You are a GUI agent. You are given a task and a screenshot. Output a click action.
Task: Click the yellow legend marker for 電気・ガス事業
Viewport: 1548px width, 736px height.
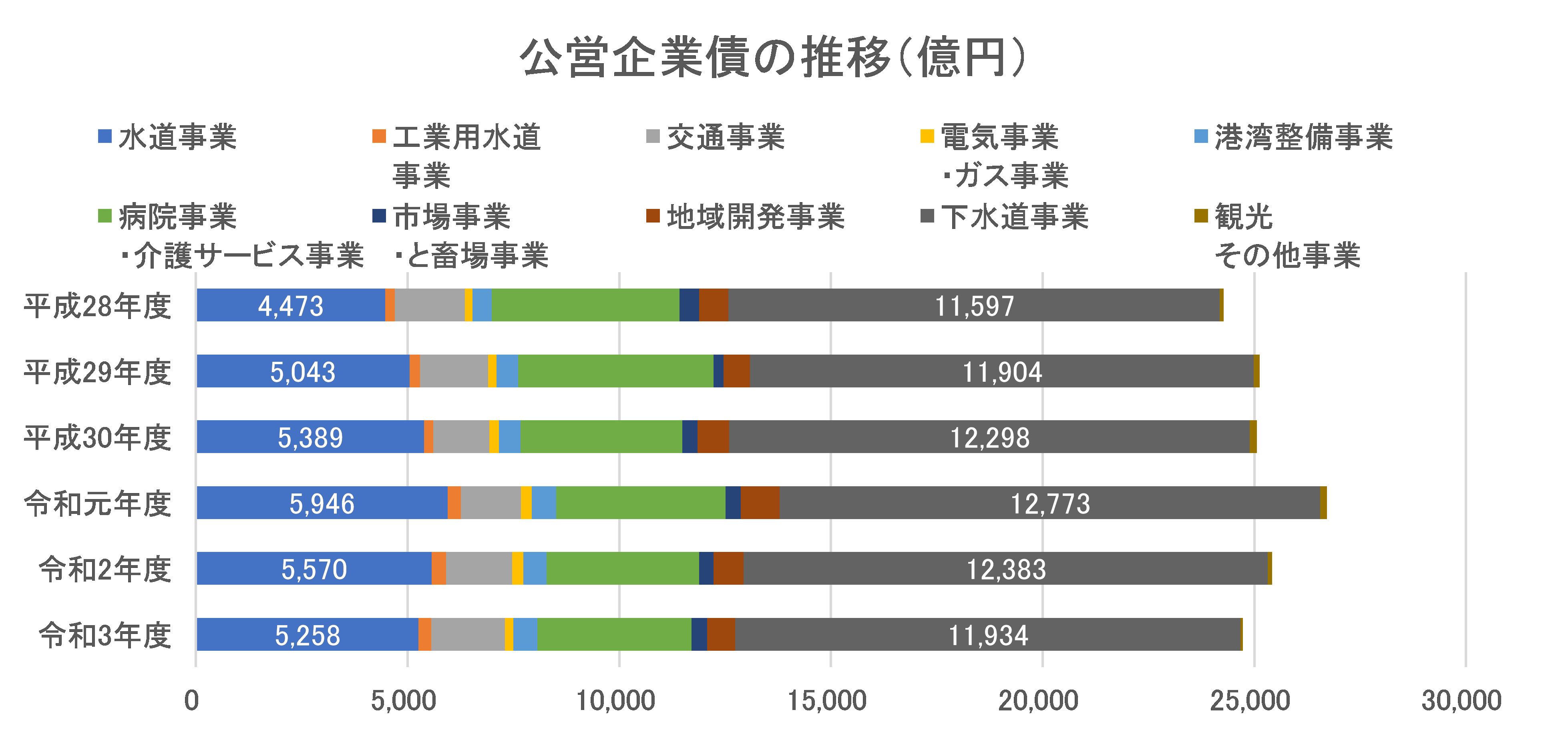(927, 136)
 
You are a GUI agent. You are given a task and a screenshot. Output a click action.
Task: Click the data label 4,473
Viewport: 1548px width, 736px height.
(291, 306)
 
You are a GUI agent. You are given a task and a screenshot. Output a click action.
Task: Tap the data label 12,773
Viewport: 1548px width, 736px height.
(1050, 503)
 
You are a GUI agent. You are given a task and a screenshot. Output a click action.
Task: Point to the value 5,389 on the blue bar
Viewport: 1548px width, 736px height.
(310, 437)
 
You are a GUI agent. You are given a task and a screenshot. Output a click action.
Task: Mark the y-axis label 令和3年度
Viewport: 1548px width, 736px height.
(105, 635)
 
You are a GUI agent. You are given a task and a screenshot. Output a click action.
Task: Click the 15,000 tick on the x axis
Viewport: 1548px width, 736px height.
(827, 700)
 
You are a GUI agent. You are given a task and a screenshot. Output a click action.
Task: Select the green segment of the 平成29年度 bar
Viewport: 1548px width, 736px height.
(615, 371)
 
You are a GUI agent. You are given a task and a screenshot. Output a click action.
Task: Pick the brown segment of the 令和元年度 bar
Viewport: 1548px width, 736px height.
(760, 503)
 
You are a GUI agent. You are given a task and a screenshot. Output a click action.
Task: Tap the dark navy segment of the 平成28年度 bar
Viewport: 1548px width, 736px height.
(689, 305)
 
